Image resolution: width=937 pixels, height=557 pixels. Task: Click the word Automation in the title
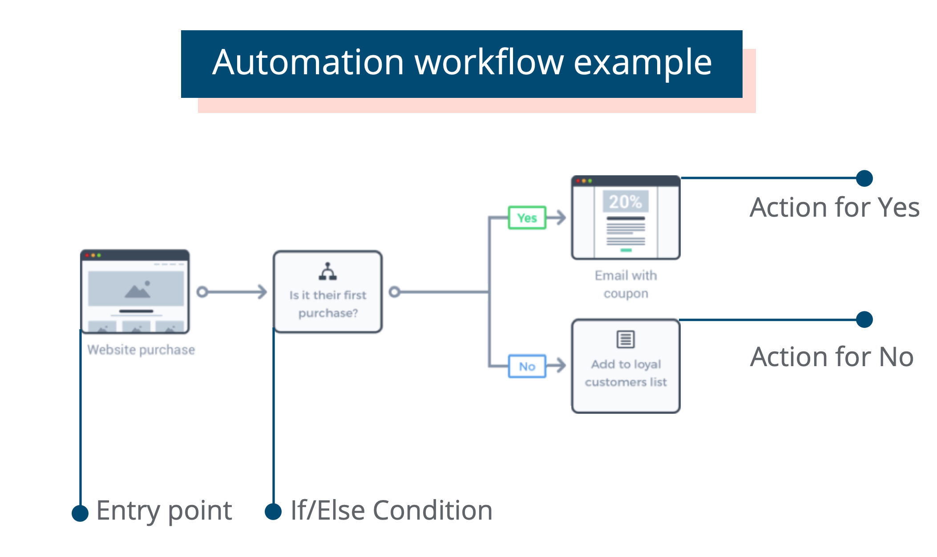click(x=308, y=62)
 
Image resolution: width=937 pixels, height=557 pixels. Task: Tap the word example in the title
click(x=642, y=62)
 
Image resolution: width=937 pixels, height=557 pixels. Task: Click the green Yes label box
click(x=527, y=218)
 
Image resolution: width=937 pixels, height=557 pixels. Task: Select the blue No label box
click(x=527, y=366)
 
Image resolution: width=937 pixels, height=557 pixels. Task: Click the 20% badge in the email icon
click(x=625, y=202)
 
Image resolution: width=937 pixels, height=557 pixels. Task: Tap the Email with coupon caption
click(x=626, y=284)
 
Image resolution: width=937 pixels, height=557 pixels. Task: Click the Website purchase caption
click(x=141, y=350)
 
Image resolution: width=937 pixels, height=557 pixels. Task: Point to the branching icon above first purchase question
click(x=327, y=271)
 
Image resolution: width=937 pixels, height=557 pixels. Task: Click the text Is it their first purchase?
click(x=328, y=304)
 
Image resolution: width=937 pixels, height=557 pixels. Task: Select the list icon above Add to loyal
click(x=626, y=339)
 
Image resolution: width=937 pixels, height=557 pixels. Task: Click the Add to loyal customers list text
click(x=626, y=373)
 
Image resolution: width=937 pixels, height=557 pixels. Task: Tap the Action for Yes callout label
click(x=834, y=207)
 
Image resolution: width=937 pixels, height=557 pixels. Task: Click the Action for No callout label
click(x=832, y=357)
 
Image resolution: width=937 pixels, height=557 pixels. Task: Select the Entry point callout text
click(x=164, y=510)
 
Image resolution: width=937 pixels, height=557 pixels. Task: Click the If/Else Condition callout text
click(x=391, y=510)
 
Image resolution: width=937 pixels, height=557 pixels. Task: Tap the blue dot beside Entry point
click(x=80, y=513)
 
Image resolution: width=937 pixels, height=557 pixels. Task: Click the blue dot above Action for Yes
click(x=864, y=178)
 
